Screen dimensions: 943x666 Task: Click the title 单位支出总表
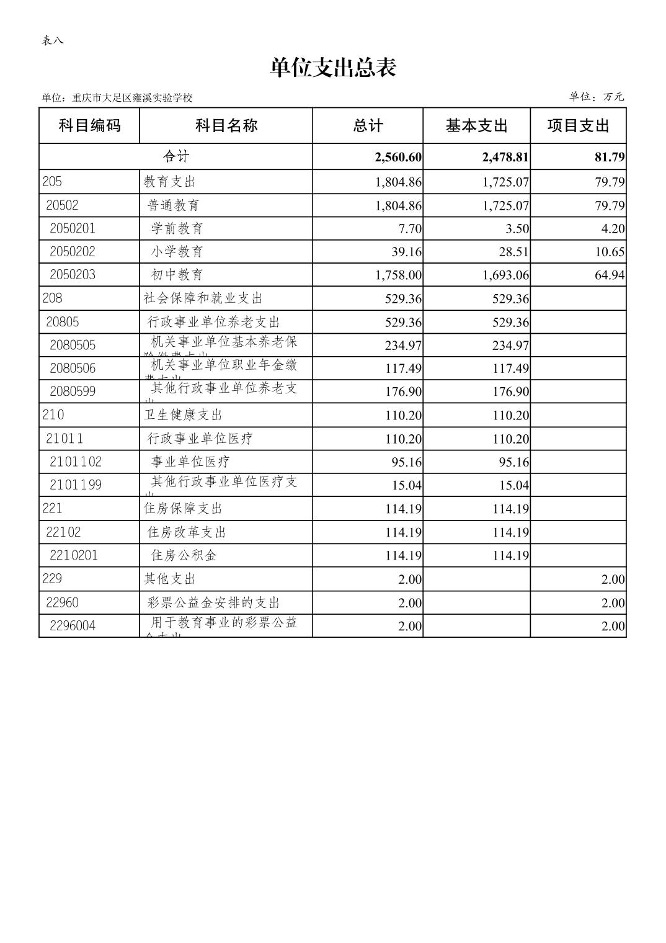pyautogui.click(x=333, y=68)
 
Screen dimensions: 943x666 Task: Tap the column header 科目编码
pyautogui.click(x=89, y=126)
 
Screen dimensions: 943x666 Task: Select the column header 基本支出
pyautogui.click(x=476, y=126)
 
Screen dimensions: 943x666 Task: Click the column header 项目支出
pyautogui.click(x=578, y=126)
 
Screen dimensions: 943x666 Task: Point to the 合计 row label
pyautogui.click(x=175, y=156)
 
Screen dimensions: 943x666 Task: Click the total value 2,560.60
pyautogui.click(x=398, y=157)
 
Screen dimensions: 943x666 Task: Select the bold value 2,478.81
pyautogui.click(x=505, y=157)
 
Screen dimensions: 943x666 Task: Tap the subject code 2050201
pyautogui.click(x=73, y=228)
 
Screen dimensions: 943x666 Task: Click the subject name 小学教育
pyautogui.click(x=177, y=251)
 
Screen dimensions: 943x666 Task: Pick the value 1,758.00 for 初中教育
pyautogui.click(x=398, y=275)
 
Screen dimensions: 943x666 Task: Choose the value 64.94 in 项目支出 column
pyautogui.click(x=610, y=275)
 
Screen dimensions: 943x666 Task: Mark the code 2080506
pyautogui.click(x=73, y=369)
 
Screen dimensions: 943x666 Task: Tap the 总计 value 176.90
pyautogui.click(x=403, y=391)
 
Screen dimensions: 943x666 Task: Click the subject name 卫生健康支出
pyautogui.click(x=183, y=415)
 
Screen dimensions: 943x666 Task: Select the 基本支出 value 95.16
pyautogui.click(x=514, y=462)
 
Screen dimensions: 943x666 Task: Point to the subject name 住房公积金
pyautogui.click(x=184, y=555)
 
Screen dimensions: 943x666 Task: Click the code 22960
pyautogui.click(x=62, y=602)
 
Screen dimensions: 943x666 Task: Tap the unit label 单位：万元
pyautogui.click(x=597, y=97)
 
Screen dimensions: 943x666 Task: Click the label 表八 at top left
pyautogui.click(x=52, y=41)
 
